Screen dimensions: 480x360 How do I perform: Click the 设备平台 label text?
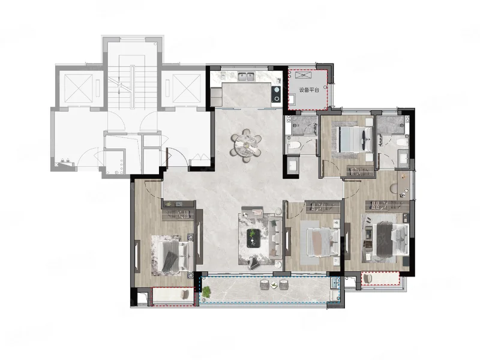click(309, 90)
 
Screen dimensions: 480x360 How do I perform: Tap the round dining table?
click(246, 145)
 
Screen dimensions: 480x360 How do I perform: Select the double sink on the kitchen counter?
click(246, 77)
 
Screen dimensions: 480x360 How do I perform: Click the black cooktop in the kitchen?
click(277, 94)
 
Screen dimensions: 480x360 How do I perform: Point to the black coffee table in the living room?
click(253, 238)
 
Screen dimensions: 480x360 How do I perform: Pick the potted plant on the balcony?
click(206, 292)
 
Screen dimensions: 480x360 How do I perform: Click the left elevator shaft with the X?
click(79, 88)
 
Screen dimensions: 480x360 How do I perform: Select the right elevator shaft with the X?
click(187, 88)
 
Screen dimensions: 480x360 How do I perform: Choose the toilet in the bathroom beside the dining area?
click(293, 146)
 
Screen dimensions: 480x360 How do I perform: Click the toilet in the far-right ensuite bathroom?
click(401, 142)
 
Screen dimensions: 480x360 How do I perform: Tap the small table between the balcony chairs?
click(274, 285)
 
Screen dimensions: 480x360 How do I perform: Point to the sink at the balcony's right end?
click(335, 283)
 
